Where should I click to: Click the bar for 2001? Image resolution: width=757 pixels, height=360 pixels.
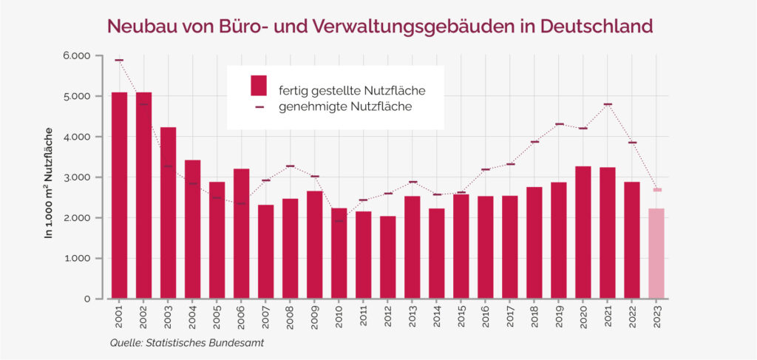(x=119, y=196)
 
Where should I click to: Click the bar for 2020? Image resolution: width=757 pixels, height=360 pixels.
(x=583, y=232)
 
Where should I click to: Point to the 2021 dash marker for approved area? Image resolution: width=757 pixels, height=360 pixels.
(x=608, y=104)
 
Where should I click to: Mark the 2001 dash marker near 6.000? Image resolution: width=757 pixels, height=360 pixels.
(x=119, y=60)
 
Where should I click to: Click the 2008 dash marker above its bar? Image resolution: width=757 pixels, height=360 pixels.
(x=290, y=166)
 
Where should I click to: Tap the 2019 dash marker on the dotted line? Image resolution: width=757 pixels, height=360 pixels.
(x=559, y=124)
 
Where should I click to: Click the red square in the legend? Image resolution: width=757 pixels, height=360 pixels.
(x=258, y=85)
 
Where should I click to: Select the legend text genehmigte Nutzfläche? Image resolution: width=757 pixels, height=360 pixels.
(x=345, y=107)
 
